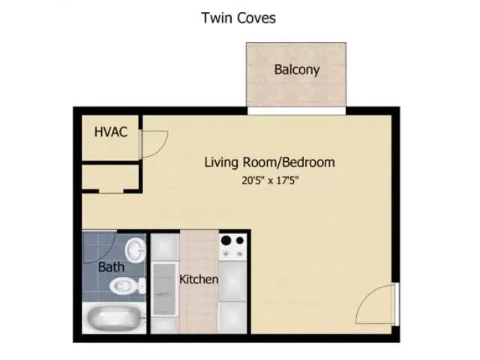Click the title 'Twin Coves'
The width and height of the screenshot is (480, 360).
point(238,17)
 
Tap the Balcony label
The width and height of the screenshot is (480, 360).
point(297,70)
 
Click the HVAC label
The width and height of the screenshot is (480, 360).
point(110,133)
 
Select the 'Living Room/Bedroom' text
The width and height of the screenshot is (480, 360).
point(269,162)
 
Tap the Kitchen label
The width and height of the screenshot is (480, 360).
point(199,280)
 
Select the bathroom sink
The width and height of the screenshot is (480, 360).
point(135,248)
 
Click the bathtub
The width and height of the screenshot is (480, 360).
point(113,319)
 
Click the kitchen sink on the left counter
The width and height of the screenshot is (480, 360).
point(163,289)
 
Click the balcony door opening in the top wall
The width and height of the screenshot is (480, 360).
point(297,110)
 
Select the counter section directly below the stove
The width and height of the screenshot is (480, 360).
point(232,280)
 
